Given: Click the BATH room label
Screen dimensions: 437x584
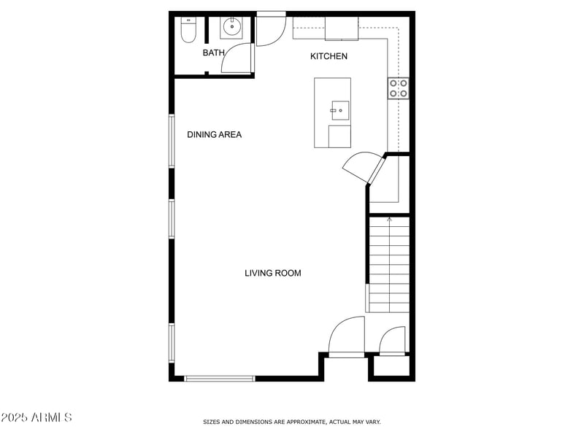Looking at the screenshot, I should (213, 53).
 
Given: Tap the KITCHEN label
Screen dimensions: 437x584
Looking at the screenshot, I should (328, 56).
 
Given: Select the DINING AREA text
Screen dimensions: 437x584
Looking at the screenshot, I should (214, 134).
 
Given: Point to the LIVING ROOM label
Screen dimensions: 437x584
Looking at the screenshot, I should (272, 273).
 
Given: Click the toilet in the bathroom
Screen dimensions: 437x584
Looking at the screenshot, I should (188, 29).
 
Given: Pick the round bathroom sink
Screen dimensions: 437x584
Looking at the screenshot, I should (231, 28).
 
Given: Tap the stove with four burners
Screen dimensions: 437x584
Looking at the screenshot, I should (398, 88).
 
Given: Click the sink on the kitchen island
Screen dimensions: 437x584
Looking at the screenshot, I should (339, 110).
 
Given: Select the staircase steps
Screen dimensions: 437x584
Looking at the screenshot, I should (389, 266).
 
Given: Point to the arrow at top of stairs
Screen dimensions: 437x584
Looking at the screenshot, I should (389, 217).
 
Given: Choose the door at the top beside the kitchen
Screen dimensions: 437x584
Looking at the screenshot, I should (271, 29).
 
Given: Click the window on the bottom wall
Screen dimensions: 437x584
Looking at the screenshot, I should (219, 378).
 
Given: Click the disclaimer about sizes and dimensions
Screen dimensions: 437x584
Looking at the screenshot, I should (291, 422).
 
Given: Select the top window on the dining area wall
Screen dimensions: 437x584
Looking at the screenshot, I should (172, 140).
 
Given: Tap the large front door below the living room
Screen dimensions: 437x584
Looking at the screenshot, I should (346, 337).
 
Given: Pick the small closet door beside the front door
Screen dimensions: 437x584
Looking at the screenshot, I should (393, 341).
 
